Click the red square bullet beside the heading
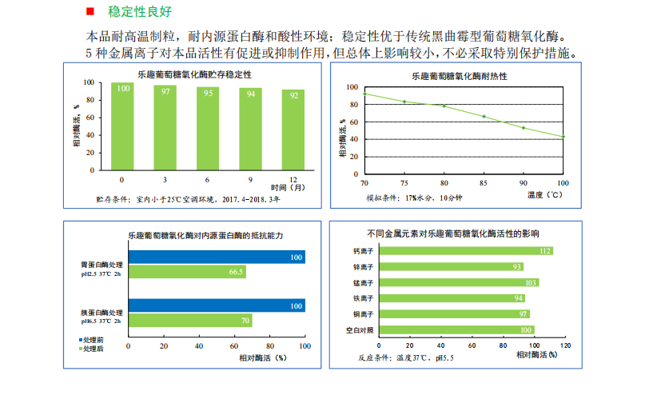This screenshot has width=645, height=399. click(90, 12)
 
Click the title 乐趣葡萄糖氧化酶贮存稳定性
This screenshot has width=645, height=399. click(200, 74)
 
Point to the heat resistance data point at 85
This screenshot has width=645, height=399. click(484, 116)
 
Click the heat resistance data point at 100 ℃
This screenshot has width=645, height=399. click(563, 137)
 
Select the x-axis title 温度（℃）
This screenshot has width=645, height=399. click(547, 194)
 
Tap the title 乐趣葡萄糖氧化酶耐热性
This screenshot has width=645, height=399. click(460, 76)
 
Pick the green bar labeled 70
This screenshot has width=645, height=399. click(189, 321)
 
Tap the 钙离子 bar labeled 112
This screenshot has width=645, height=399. click(465, 251)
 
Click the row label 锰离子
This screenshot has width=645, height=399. click(364, 282)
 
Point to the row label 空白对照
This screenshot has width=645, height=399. click(360, 329)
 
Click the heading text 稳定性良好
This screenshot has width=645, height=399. click(139, 12)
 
